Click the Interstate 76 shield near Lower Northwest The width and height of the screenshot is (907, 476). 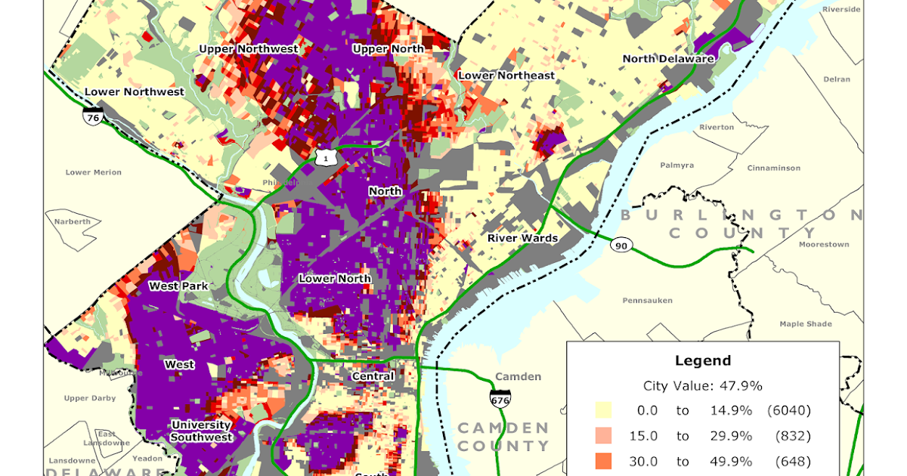pyautogui.click(x=94, y=117)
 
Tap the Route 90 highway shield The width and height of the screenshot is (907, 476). pyautogui.click(x=621, y=246)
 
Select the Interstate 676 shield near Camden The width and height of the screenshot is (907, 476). pyautogui.click(x=500, y=398)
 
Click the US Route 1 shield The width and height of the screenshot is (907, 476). pyautogui.click(x=326, y=157)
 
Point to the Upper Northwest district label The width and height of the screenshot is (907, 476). pyautogui.click(x=249, y=49)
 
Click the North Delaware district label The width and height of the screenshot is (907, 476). pyautogui.click(x=667, y=59)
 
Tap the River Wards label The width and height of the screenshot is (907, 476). pyautogui.click(x=522, y=238)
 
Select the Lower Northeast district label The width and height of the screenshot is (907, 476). pyautogui.click(x=506, y=76)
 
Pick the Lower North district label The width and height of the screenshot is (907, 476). pyautogui.click(x=335, y=279)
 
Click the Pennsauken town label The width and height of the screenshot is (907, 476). pyautogui.click(x=647, y=300)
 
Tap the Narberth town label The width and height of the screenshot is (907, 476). pyautogui.click(x=72, y=221)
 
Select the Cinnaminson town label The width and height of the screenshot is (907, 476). pyautogui.click(x=778, y=168)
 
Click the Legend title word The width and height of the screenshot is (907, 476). pyautogui.click(x=703, y=361)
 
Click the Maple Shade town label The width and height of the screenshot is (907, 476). pyautogui.click(x=806, y=324)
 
